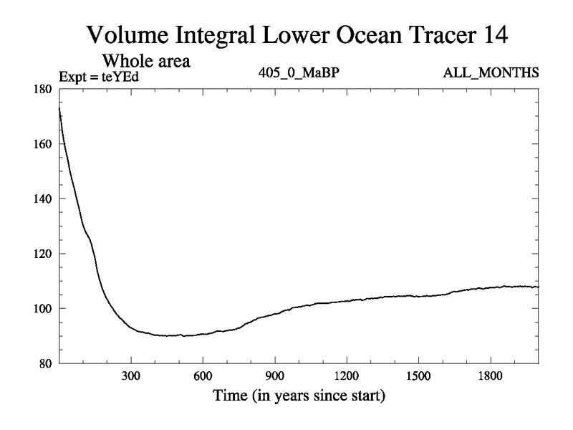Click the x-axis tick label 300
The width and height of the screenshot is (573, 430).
(x=130, y=376)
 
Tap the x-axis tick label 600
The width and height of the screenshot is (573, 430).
(x=203, y=376)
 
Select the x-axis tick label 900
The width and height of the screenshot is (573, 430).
(x=274, y=376)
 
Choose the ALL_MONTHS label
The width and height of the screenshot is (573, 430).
(x=491, y=73)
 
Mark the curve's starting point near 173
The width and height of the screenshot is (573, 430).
(x=59, y=107)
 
